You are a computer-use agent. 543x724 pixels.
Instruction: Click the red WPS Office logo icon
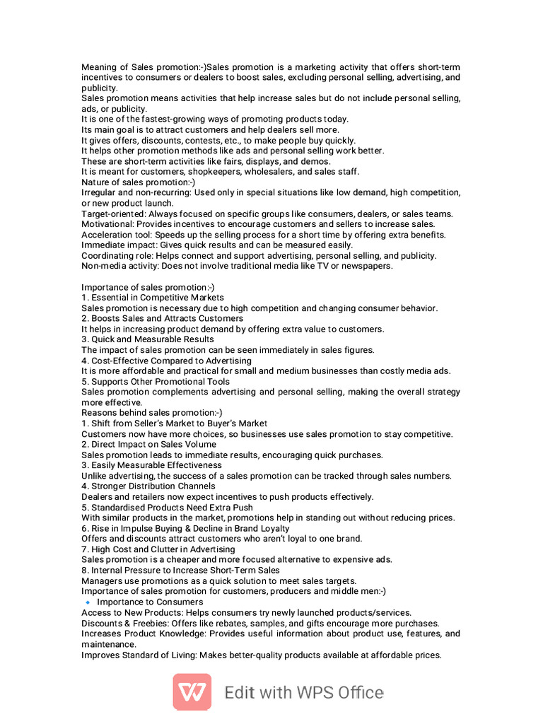(192, 691)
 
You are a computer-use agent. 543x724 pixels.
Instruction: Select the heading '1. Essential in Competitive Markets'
(153, 298)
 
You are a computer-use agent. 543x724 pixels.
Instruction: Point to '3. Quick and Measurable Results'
(147, 339)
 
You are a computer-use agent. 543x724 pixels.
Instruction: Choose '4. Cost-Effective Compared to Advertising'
(166, 361)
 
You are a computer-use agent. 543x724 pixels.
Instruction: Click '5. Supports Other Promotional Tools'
(155, 382)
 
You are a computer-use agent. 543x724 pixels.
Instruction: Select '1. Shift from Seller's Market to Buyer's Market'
(174, 424)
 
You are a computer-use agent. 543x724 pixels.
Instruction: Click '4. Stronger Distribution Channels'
(148, 486)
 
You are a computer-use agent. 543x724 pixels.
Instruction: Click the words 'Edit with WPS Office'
(304, 692)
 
